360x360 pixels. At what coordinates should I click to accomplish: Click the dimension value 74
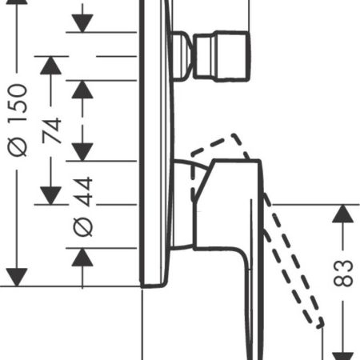(52, 130)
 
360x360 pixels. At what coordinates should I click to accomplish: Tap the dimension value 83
(343, 274)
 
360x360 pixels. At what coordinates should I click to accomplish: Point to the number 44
(83, 191)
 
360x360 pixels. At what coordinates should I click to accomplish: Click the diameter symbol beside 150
(18, 146)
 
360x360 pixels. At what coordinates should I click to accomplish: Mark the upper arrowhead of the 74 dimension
(50, 66)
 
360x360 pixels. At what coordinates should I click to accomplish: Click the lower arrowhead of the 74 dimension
(50, 196)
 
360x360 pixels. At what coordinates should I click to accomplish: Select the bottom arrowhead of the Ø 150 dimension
(17, 278)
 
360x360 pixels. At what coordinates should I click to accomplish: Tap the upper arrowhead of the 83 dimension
(343, 214)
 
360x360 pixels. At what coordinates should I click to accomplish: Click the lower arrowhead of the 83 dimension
(343, 356)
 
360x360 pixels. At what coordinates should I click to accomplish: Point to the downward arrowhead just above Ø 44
(82, 152)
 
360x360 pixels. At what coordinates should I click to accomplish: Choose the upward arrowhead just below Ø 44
(82, 257)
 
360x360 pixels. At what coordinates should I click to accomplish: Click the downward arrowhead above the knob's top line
(82, 23)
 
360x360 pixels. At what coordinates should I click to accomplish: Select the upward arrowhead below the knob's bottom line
(82, 90)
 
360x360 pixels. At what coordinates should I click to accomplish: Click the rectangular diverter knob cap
(222, 56)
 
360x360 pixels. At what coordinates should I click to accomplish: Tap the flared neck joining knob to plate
(182, 56)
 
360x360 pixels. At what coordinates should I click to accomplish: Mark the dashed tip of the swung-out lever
(320, 323)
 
